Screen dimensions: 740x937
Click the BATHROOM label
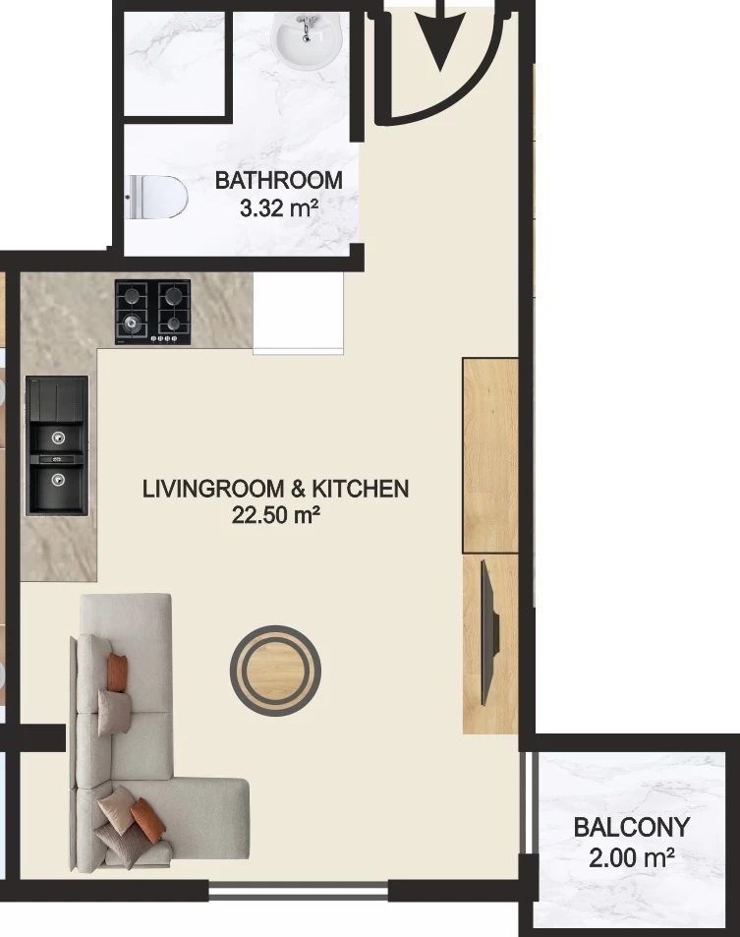pyautogui.click(x=279, y=181)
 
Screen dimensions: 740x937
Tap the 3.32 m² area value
pyautogui.click(x=278, y=208)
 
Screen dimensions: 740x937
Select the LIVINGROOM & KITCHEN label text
pyautogui.click(x=276, y=489)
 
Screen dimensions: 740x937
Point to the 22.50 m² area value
pyautogui.click(x=276, y=514)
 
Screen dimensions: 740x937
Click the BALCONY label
pyautogui.click(x=632, y=828)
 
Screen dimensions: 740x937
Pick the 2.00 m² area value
pyautogui.click(x=632, y=858)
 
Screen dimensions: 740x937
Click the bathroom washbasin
pyautogui.click(x=307, y=40)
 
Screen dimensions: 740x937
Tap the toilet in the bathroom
pyautogui.click(x=157, y=198)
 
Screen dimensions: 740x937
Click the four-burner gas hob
pyautogui.click(x=153, y=312)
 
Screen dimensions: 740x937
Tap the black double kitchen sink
pyautogui.click(x=57, y=445)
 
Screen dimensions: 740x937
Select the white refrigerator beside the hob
pyautogui.click(x=299, y=314)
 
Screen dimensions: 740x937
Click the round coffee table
pyautogui.click(x=276, y=671)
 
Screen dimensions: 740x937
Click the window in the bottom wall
pyautogui.click(x=299, y=893)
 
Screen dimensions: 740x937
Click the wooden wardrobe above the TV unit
pyautogui.click(x=490, y=455)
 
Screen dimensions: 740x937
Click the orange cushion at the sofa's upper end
pyautogui.click(x=118, y=672)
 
